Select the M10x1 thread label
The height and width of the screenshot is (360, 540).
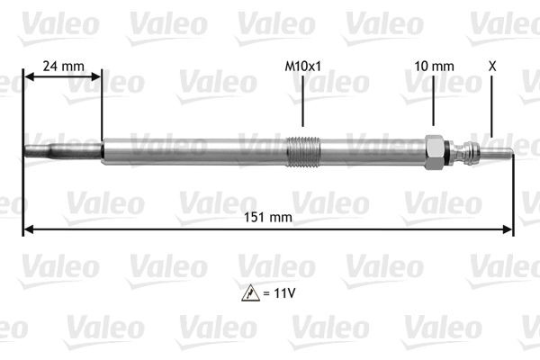[302, 67]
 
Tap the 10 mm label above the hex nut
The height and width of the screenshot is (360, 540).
[434, 67]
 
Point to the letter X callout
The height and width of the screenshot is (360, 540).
[491, 67]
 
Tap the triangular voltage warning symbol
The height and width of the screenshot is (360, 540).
[248, 292]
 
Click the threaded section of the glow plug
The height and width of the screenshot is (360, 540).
[302, 149]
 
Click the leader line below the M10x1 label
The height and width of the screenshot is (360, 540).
[302, 103]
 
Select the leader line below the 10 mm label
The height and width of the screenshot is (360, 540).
[434, 103]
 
